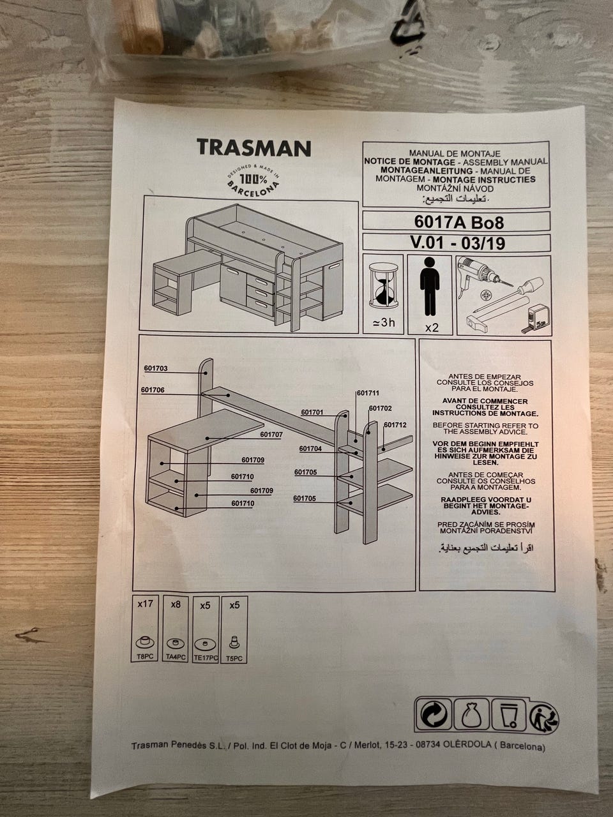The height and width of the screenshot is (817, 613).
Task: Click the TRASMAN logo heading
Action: [x=254, y=148]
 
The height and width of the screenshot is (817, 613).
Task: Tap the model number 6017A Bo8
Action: [x=459, y=223]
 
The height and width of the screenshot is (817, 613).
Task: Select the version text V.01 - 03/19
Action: [x=457, y=243]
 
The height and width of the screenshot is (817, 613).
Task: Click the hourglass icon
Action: [x=384, y=285]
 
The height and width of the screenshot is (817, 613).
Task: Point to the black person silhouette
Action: [x=430, y=286]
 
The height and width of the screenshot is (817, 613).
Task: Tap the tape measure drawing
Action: [x=537, y=316]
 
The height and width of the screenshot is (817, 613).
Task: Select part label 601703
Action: [x=156, y=368]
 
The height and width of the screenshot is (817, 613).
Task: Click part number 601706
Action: [x=153, y=390]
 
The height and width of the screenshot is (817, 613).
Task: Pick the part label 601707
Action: [x=271, y=435]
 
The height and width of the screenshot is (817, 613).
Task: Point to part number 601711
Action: [x=368, y=393]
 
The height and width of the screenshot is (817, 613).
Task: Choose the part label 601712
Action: [x=395, y=424]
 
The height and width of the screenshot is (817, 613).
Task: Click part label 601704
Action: [x=310, y=449]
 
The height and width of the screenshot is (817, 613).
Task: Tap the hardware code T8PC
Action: [x=145, y=657]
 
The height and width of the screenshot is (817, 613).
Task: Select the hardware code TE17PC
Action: [x=206, y=657]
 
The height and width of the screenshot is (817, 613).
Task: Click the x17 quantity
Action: [x=145, y=604]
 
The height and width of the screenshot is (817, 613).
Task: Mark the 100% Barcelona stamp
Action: [x=254, y=180]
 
